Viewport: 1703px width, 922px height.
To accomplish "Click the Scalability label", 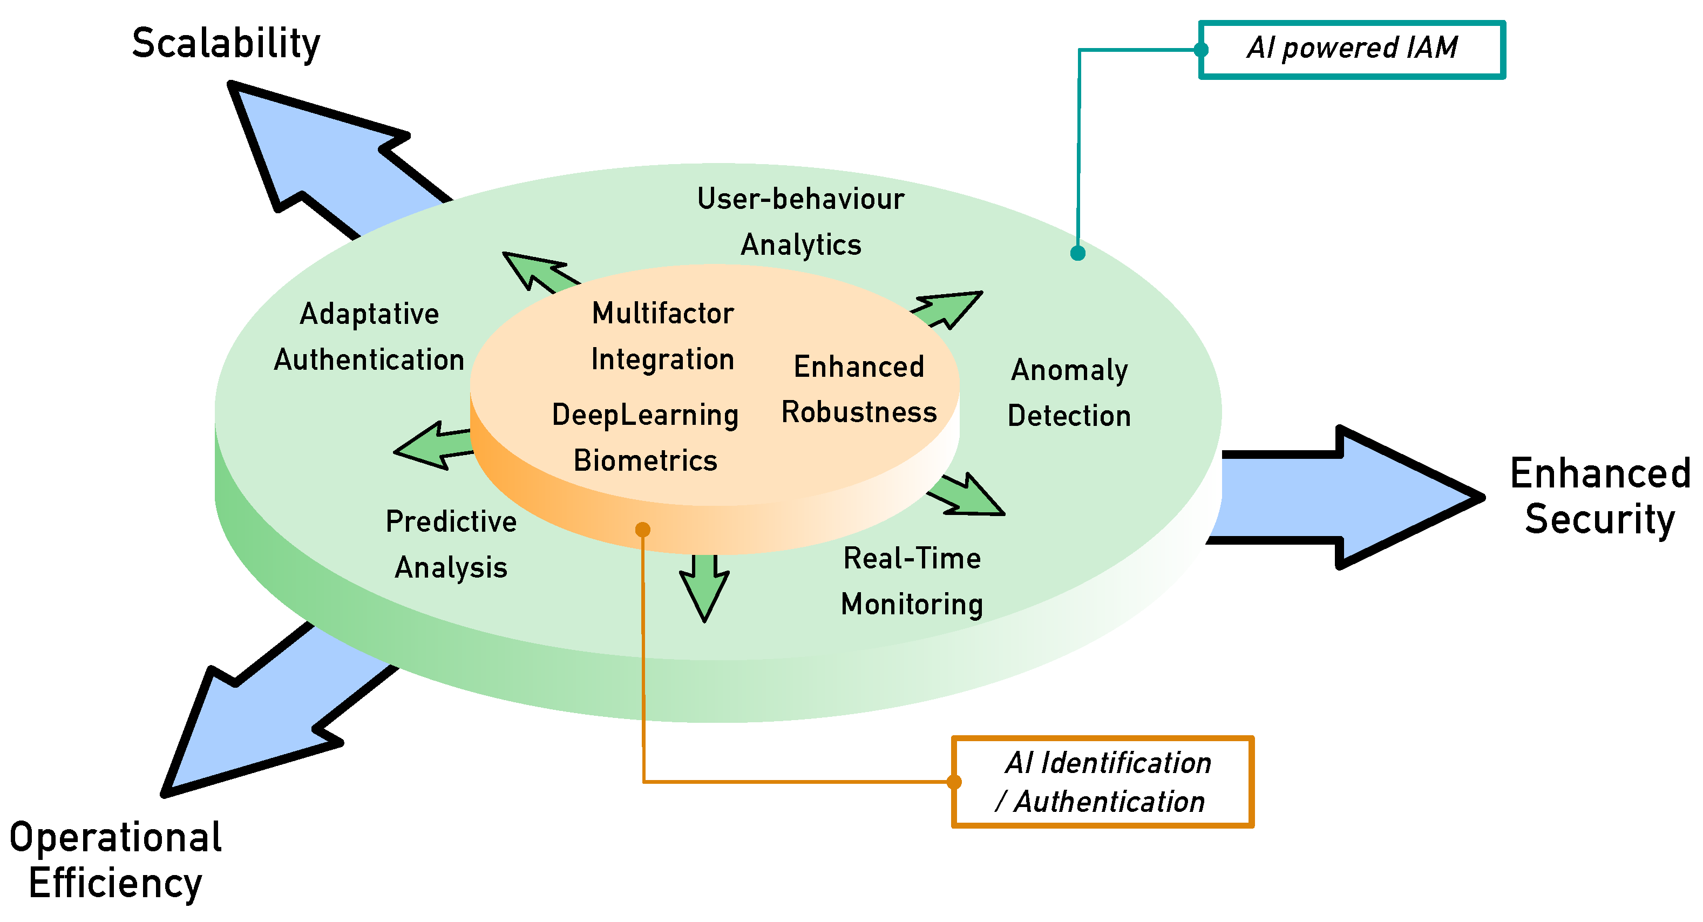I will click(226, 44).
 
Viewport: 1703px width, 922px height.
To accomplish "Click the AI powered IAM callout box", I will click(1352, 50).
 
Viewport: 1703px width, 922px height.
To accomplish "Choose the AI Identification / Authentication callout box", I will click(1103, 782).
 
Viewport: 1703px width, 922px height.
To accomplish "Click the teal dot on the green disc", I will click(1077, 253).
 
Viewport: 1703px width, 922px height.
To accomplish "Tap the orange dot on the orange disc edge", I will click(642, 530).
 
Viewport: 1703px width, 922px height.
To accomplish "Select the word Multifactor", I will click(662, 313).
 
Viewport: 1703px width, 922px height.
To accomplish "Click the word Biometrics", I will click(645, 460).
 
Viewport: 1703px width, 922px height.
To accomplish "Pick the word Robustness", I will click(859, 412).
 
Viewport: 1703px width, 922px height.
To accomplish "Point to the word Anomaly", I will click(1069, 370).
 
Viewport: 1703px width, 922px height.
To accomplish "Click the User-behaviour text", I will click(800, 199).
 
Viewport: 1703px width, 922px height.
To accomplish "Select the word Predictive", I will click(451, 521).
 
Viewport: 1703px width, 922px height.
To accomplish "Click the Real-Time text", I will click(912, 559).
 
